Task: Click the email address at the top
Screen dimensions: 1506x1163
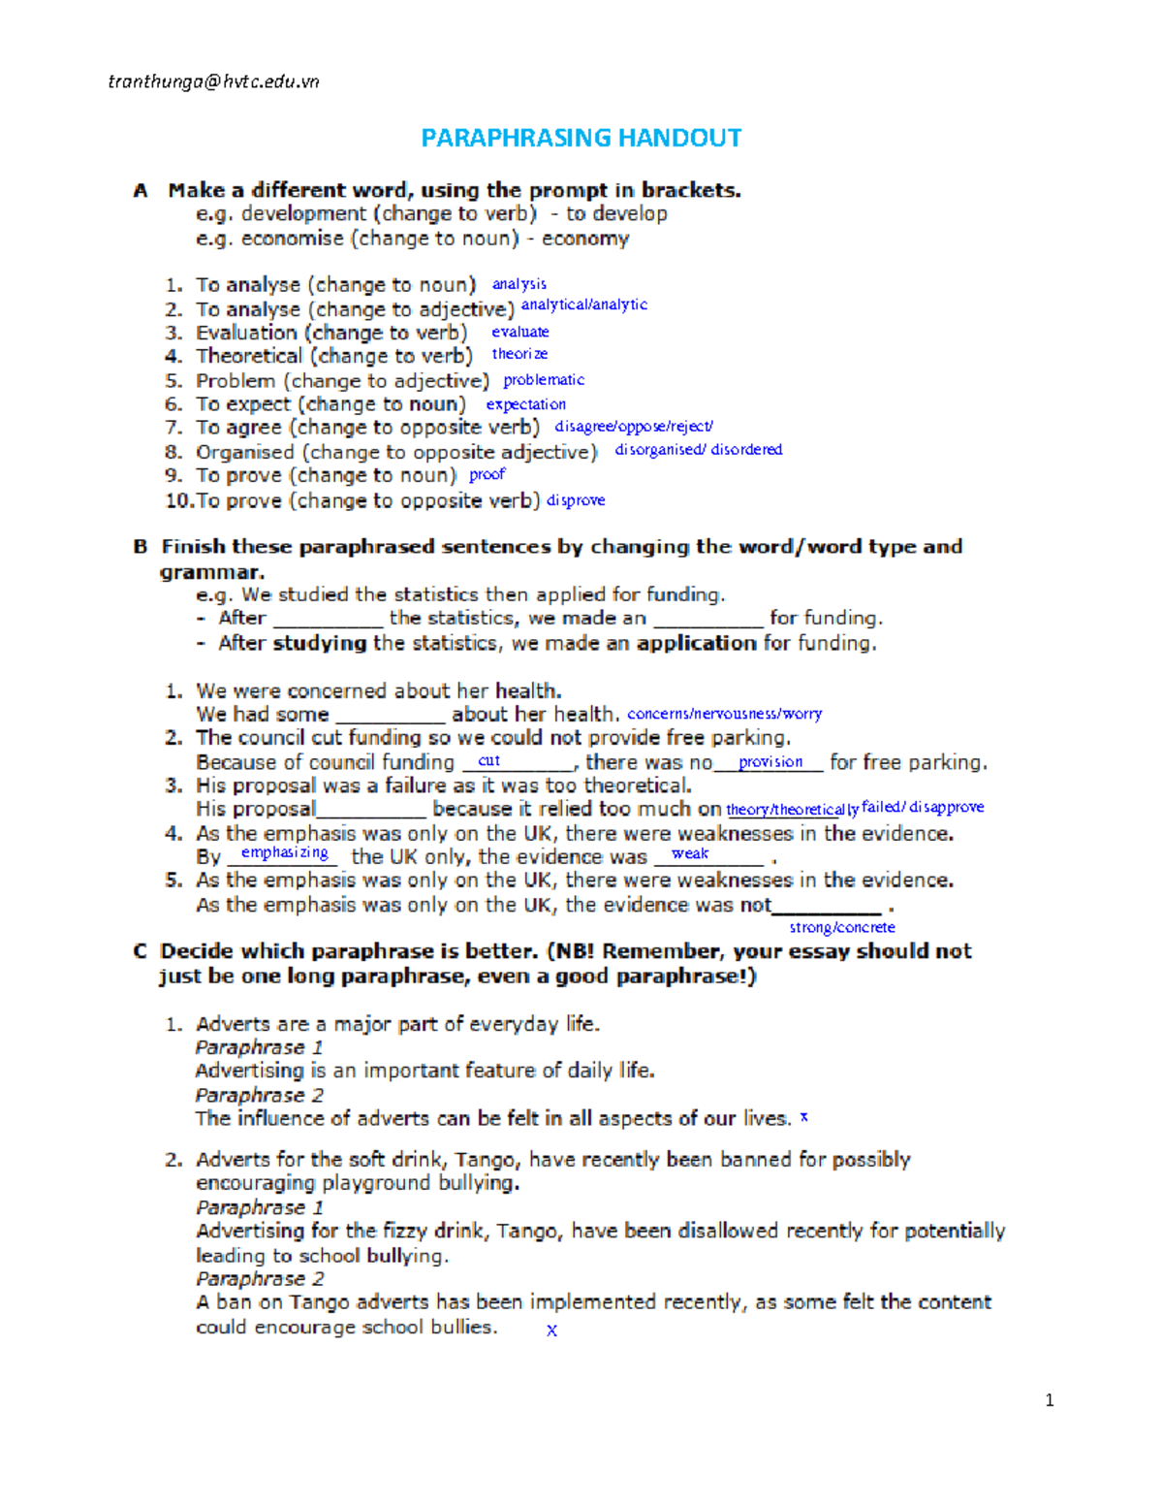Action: (213, 81)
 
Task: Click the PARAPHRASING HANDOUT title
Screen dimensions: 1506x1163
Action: (581, 138)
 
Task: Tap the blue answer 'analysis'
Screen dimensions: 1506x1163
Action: (519, 284)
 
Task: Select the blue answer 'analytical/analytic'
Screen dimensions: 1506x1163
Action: (584, 304)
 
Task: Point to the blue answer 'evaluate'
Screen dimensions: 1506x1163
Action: (520, 332)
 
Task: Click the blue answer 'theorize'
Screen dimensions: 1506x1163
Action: (519, 354)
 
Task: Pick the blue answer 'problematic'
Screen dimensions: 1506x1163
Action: (544, 380)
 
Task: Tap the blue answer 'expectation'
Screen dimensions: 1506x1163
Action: (526, 404)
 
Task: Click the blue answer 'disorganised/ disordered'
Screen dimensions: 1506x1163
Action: (699, 450)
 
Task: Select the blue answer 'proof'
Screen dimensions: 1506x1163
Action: (487, 474)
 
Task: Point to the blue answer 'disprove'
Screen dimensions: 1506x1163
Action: (576, 500)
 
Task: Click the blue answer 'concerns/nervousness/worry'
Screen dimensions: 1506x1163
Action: (725, 714)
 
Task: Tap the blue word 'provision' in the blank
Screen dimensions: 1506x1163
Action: (770, 762)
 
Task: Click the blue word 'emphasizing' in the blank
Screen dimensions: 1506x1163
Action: (285, 852)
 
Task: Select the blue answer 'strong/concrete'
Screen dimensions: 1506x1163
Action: (842, 927)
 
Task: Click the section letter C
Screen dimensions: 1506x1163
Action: (141, 951)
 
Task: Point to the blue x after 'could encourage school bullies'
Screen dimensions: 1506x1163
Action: (551, 1330)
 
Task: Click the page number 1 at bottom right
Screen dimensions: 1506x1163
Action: (1050, 1399)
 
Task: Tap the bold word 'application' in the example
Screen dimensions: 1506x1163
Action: (696, 643)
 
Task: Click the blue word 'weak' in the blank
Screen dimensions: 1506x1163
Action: (690, 854)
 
